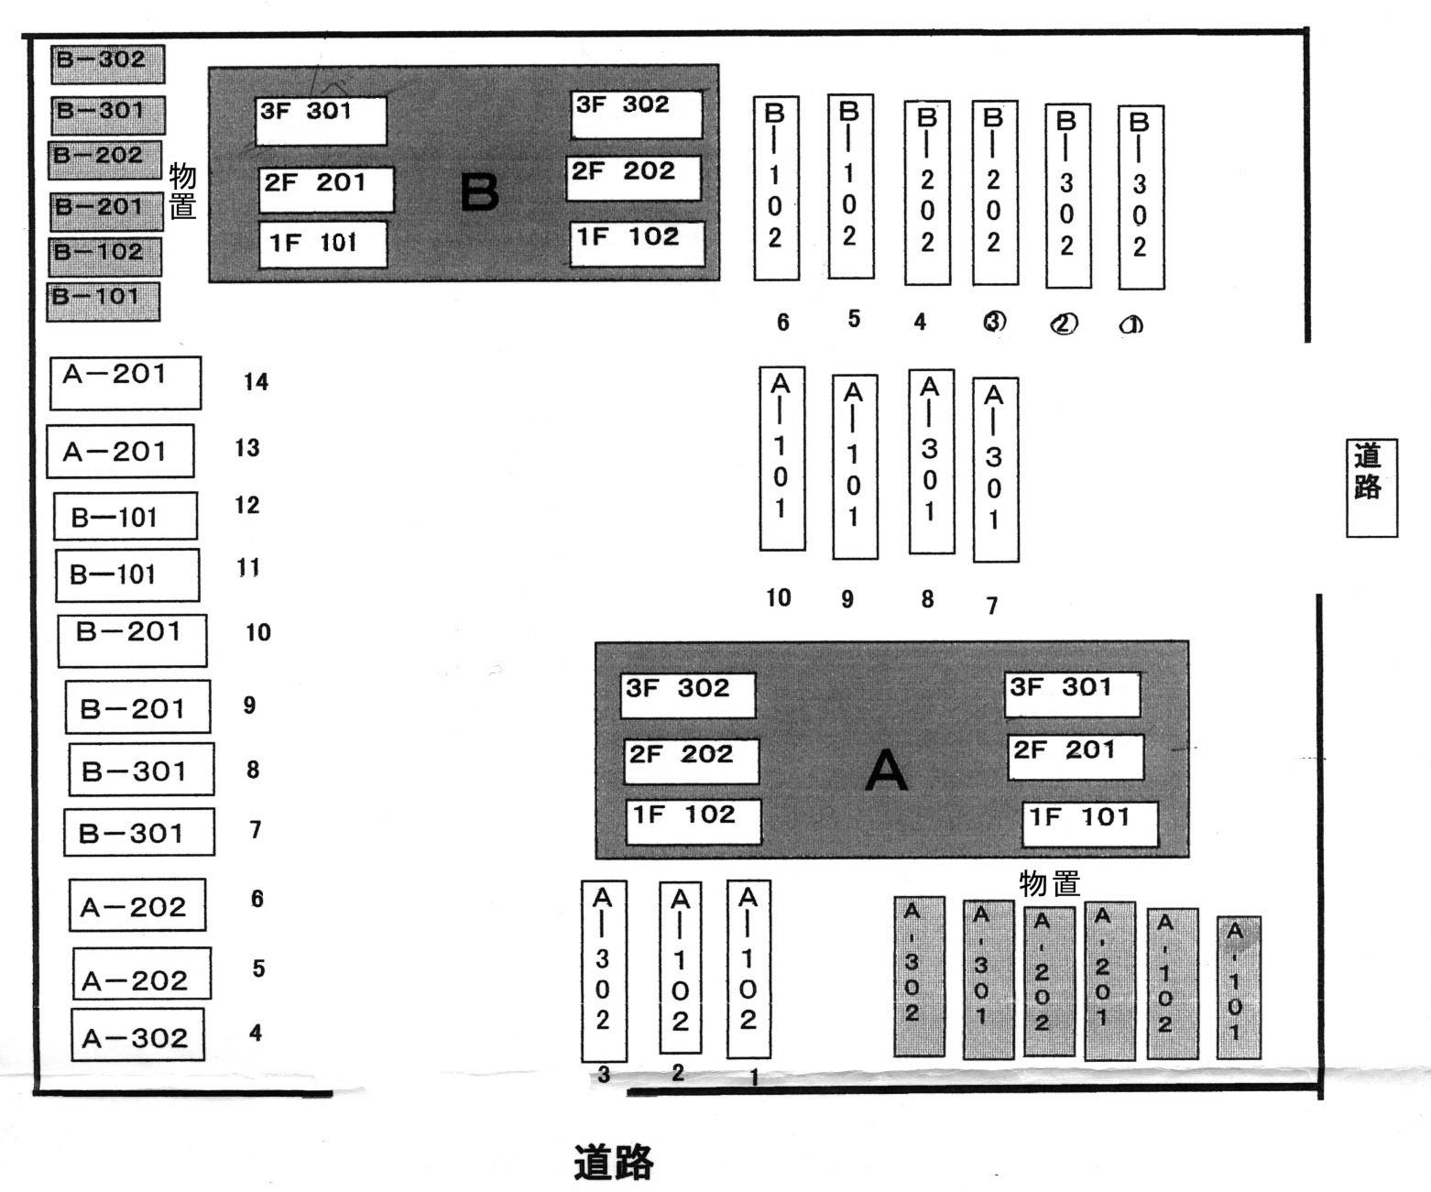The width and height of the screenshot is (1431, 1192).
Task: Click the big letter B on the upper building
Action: [479, 192]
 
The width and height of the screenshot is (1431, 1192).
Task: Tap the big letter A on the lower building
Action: [886, 771]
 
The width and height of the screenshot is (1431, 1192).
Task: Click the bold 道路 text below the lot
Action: [613, 1163]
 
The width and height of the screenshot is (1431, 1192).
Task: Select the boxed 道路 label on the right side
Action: [1371, 487]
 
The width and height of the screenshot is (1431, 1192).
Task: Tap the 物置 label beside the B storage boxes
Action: [182, 191]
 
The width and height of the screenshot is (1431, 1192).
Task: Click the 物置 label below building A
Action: [1049, 883]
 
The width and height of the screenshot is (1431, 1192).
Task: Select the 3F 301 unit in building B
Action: [321, 120]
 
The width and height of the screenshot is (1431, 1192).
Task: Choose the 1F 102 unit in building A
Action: [694, 821]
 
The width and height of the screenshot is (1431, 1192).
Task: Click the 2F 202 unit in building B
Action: [633, 178]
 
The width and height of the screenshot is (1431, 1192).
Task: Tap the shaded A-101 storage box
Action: [1238, 987]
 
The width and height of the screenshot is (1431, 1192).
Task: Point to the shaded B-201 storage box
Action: [105, 211]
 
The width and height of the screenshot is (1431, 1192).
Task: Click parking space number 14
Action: [256, 382]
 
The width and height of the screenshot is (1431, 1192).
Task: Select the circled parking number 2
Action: [1064, 323]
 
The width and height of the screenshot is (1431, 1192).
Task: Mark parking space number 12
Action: [247, 505]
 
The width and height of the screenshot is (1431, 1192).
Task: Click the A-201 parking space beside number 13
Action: [120, 451]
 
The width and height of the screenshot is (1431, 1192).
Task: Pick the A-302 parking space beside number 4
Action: [137, 1034]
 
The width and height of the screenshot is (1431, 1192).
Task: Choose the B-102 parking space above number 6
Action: [776, 188]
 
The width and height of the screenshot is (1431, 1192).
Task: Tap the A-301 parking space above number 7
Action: [995, 468]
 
